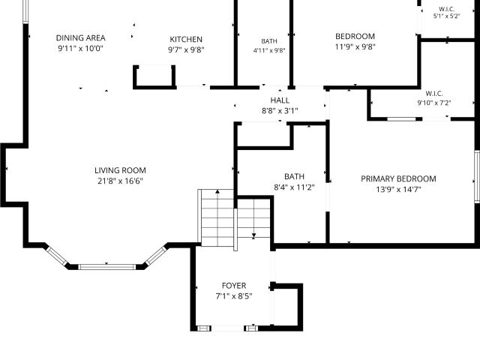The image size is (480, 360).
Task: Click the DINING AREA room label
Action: point(80,38)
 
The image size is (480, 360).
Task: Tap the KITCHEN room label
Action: point(186,40)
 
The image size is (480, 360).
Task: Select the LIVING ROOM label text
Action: point(120,170)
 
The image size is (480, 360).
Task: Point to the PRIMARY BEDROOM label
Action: point(398,178)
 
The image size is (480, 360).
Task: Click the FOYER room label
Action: point(234,286)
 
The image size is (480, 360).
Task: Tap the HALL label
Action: point(280,100)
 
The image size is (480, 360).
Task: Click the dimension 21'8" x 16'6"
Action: point(120,181)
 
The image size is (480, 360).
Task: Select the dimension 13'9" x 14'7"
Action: point(398,190)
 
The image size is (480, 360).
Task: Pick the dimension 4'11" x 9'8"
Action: point(269,50)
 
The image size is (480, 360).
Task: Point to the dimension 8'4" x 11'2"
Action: point(294,187)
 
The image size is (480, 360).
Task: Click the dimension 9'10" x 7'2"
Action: point(434,103)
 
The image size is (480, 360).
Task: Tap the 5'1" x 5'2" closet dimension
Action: point(447,16)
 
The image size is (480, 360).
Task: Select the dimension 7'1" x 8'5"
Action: point(234,296)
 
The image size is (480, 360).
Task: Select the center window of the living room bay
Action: point(106,267)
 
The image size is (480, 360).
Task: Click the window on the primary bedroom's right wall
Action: point(477,177)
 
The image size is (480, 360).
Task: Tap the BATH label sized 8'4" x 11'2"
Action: point(294,177)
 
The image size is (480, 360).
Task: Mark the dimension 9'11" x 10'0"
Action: point(80,48)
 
